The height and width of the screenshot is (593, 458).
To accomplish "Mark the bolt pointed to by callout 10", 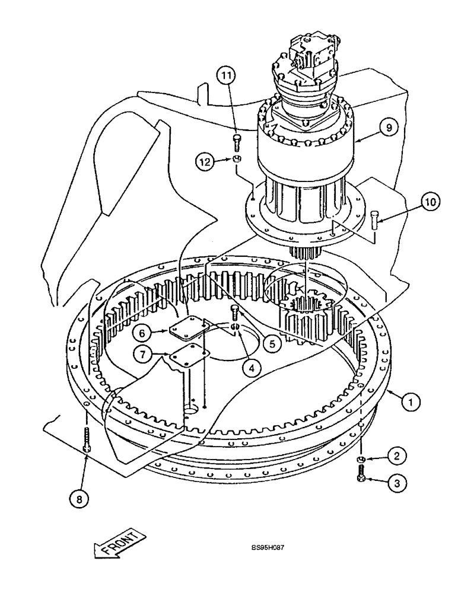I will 374,219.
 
